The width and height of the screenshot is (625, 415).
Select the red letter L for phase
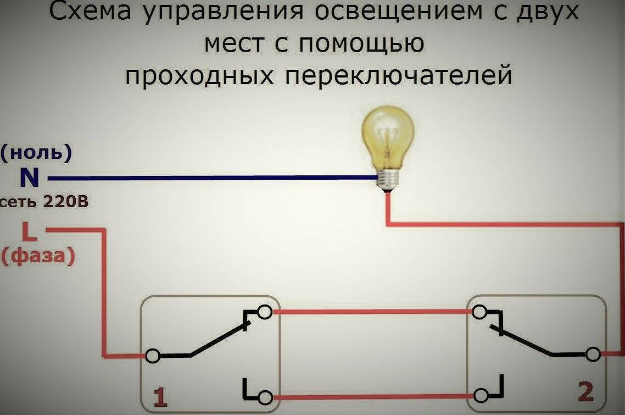click(29, 232)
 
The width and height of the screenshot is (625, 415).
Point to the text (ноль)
click(36, 153)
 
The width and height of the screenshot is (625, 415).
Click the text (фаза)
click(37, 257)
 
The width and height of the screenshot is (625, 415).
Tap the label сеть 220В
click(44, 202)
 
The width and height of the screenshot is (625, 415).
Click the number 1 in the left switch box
click(159, 397)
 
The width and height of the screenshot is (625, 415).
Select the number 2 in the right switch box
click(586, 392)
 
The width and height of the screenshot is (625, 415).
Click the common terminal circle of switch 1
click(153, 356)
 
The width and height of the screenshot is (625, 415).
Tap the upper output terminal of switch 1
click(265, 312)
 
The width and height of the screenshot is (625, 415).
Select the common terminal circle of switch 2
click(592, 354)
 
